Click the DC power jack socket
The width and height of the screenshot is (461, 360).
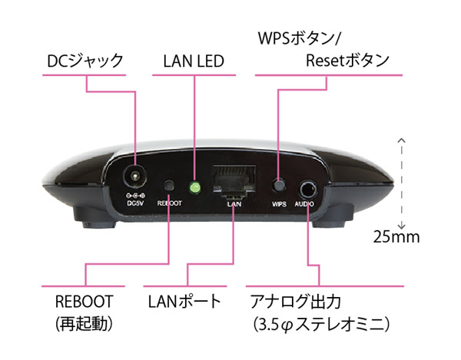coord(135,177)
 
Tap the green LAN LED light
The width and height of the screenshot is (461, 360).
coord(194,187)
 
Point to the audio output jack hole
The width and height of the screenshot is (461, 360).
coord(308,190)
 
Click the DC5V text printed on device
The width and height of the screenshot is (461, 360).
coord(135,203)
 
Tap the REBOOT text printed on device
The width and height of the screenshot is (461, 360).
coord(169,203)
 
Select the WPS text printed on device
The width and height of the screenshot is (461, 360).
coord(279,203)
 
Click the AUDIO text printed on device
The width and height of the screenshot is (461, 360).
coord(304,203)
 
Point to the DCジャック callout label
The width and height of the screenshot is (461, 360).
coord(85,61)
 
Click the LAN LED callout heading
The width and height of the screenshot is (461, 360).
coord(194,61)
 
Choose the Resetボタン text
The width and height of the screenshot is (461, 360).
coord(347,61)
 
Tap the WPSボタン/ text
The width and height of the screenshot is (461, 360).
coord(299,38)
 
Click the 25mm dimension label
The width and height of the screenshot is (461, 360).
coord(396,236)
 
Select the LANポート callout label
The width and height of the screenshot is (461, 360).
coord(184,301)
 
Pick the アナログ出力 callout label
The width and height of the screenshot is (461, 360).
coord(295,301)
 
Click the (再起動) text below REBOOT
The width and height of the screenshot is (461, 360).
coord(84,324)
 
